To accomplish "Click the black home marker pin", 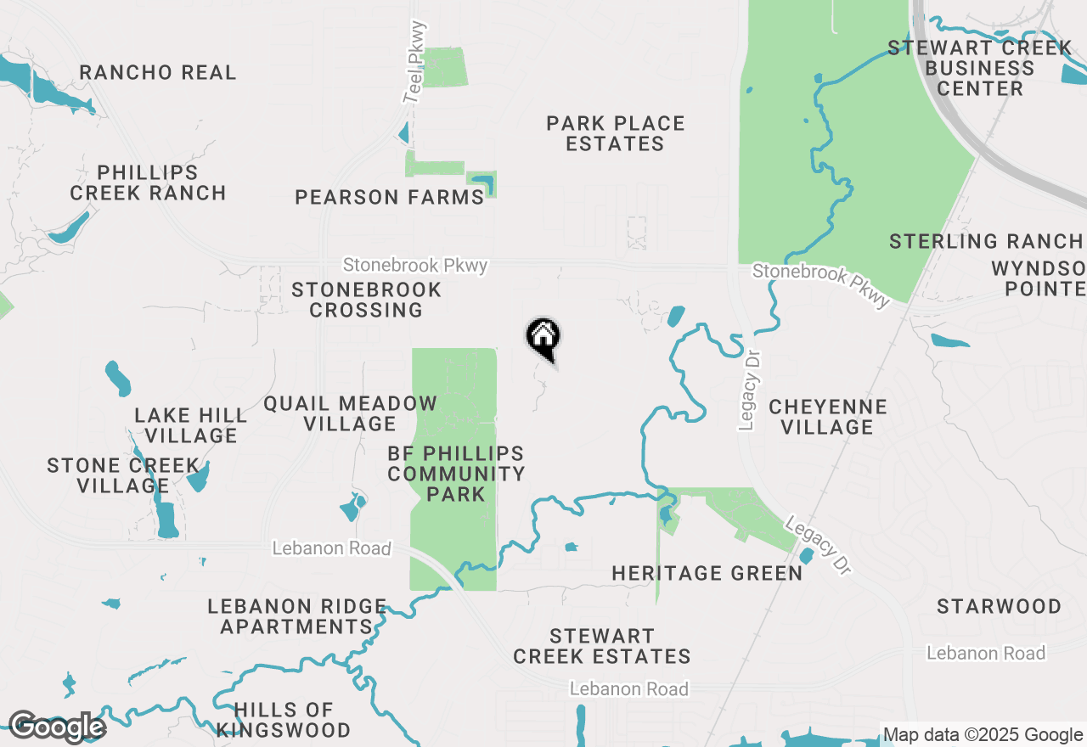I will tap(543, 337).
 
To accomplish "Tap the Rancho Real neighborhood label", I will tap(158, 73).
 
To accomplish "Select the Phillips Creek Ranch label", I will tap(149, 183).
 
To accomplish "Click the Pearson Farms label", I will tap(389, 198).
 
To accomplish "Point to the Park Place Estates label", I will tap(616, 133).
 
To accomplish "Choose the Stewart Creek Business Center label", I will tap(979, 68).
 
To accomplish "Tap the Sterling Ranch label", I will tap(986, 242).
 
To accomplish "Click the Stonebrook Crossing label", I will tap(367, 300).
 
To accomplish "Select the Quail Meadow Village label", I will tap(350, 413).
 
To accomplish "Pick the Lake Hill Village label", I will tap(191, 425).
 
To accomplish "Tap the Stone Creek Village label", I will tap(123, 475).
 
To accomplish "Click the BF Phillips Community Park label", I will tap(456, 474).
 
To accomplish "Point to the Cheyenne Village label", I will tap(828, 417).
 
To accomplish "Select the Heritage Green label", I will tap(707, 574).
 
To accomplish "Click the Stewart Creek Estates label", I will tap(602, 646).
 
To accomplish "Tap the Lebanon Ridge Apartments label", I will tap(297, 617).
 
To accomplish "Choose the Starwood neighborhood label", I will tap(999, 607).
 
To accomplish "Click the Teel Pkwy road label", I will tap(415, 63).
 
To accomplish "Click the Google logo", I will tap(56, 727).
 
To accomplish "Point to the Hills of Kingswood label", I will tap(284, 720).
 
